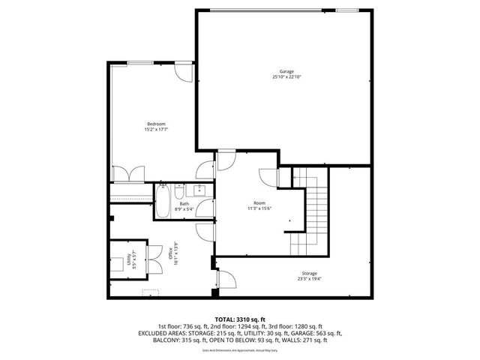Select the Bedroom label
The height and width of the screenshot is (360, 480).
tap(156, 124)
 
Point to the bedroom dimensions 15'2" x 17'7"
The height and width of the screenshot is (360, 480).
tap(156, 129)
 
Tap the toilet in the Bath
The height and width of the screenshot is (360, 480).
tap(179, 189)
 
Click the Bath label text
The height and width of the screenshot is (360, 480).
tap(184, 203)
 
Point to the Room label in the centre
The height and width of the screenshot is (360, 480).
tap(259, 203)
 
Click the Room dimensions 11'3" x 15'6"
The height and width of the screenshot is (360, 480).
tap(259, 208)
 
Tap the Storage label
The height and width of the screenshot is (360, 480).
tap(310, 273)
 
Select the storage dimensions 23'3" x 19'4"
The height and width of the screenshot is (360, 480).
tap(310, 278)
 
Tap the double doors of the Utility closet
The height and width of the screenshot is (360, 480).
tap(154, 259)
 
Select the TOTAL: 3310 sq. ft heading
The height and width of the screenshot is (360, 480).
tap(240, 319)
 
